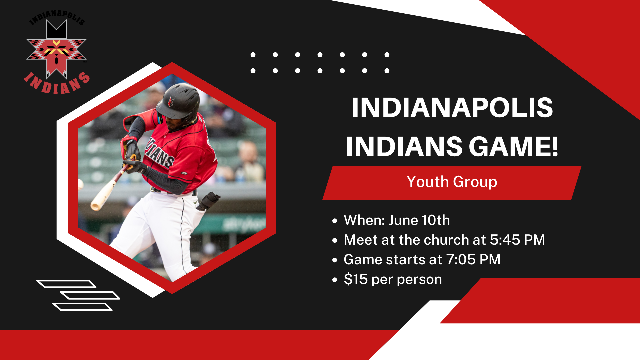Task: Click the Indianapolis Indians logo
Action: [x=57, y=52]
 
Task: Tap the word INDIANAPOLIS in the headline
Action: [x=452, y=107]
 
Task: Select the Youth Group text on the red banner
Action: [x=452, y=182]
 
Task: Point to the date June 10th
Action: [x=419, y=220]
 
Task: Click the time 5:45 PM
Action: [x=517, y=240]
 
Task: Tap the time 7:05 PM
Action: [x=473, y=260]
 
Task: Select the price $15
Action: [x=356, y=279]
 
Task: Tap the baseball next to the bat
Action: [x=80, y=184]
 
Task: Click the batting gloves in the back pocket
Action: [x=208, y=201]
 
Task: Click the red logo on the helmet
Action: [x=171, y=102]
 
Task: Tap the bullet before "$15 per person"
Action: [x=335, y=280]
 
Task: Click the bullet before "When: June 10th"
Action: [x=335, y=221]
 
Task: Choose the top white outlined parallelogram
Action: [x=66, y=284]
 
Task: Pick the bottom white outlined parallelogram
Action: [x=82, y=307]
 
